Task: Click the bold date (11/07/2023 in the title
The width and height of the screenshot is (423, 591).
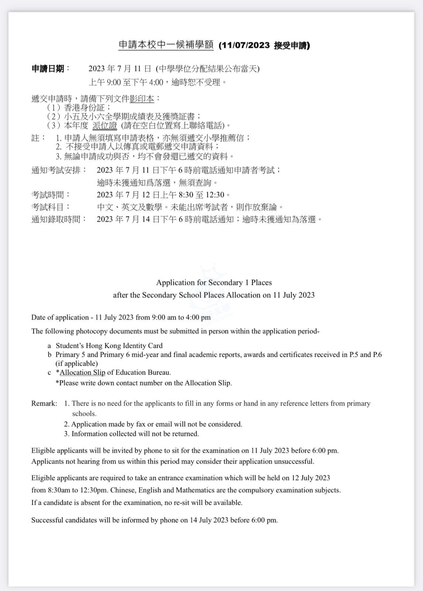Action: click(x=244, y=45)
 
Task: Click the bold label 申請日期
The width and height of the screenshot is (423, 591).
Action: click(x=48, y=69)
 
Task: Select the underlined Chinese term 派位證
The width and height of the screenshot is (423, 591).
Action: click(x=104, y=126)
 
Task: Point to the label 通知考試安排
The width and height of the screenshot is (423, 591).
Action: click(x=58, y=170)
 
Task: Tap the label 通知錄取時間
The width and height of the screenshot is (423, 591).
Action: click(x=58, y=219)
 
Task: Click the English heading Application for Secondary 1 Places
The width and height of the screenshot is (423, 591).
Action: click(x=214, y=283)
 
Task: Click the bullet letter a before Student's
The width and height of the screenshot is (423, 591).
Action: click(x=49, y=346)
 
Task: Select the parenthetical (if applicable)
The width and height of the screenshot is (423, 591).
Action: click(x=77, y=363)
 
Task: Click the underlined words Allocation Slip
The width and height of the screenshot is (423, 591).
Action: click(x=82, y=372)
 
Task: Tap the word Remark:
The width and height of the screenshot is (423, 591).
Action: click(x=44, y=403)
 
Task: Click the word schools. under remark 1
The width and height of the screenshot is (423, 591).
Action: click(x=84, y=414)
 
